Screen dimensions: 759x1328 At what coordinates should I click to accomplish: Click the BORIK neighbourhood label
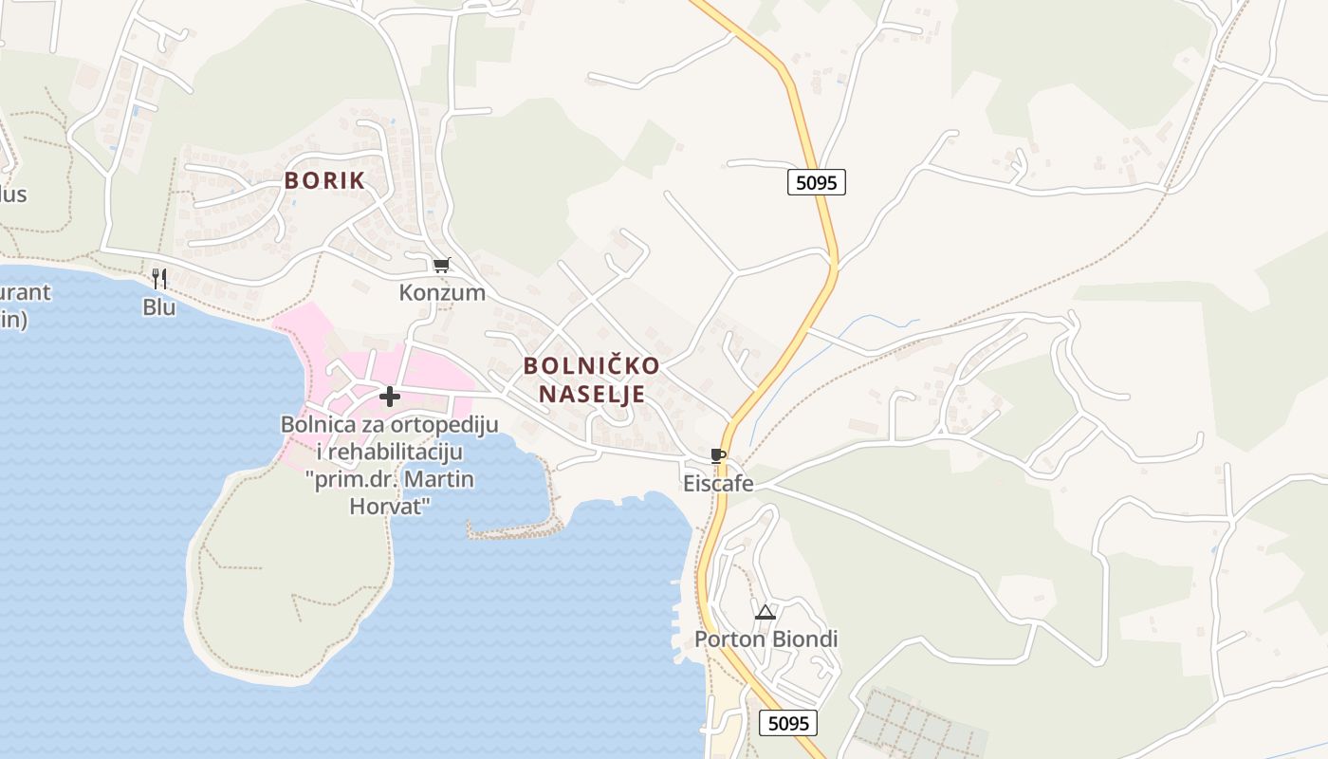coord(324,180)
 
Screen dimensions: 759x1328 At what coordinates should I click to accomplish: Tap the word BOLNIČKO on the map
coord(591,365)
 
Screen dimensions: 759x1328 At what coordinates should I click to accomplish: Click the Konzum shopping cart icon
coord(441,266)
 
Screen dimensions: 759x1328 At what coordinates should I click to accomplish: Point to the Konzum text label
coord(442,292)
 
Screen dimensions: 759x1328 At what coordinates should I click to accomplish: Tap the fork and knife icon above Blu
coord(159,278)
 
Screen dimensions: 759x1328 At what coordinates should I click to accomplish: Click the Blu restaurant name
coord(159,307)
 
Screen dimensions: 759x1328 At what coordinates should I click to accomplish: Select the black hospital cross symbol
coord(389,397)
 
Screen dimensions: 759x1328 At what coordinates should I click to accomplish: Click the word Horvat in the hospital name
coord(391,506)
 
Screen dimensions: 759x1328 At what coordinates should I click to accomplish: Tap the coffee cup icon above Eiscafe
coord(718,456)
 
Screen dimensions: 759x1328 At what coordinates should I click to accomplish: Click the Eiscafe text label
coord(718,484)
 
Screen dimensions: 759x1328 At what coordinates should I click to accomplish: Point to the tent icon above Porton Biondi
coord(765,612)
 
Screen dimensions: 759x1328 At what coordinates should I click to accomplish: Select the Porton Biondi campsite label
coord(766,639)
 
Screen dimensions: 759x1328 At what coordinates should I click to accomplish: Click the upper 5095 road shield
coord(816,182)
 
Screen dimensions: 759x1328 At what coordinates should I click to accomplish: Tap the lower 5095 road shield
coord(788,724)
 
